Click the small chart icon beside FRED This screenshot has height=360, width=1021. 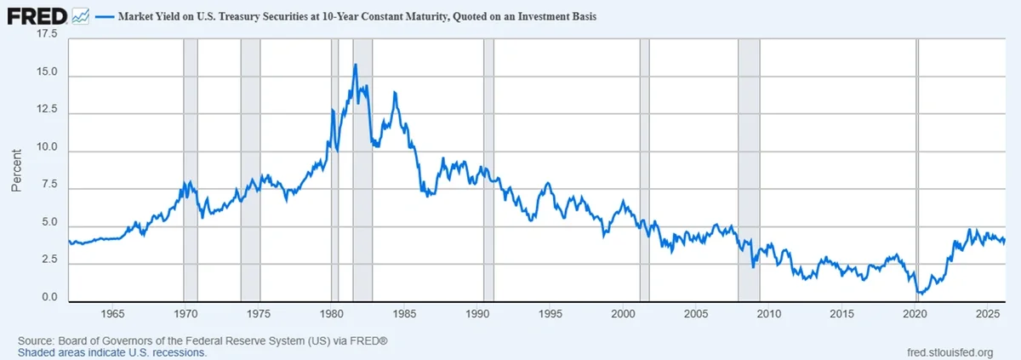coord(81,15)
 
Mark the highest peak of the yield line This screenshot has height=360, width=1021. coord(355,65)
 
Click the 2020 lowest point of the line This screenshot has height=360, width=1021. coord(919,294)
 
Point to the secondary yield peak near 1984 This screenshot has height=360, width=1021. coord(394,92)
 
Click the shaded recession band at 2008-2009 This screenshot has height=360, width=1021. coord(749,170)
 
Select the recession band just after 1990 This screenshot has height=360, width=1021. coord(488,170)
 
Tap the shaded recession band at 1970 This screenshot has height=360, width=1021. coord(191,170)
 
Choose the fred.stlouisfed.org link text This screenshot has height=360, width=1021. coord(950,352)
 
